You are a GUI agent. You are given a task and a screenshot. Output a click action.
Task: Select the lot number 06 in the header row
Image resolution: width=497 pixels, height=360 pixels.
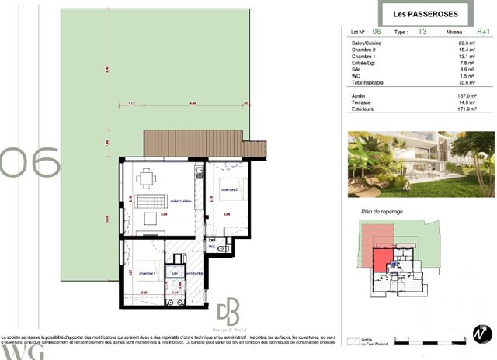tap(377, 32)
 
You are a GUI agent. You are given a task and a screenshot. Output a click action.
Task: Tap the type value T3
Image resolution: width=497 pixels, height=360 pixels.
tap(422, 32)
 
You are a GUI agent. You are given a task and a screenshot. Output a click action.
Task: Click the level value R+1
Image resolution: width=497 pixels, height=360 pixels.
tap(483, 32)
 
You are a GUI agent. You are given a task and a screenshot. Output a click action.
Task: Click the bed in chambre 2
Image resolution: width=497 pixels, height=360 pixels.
tap(233, 189)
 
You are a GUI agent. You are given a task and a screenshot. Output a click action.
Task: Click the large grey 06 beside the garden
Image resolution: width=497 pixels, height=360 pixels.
tap(30, 163)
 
